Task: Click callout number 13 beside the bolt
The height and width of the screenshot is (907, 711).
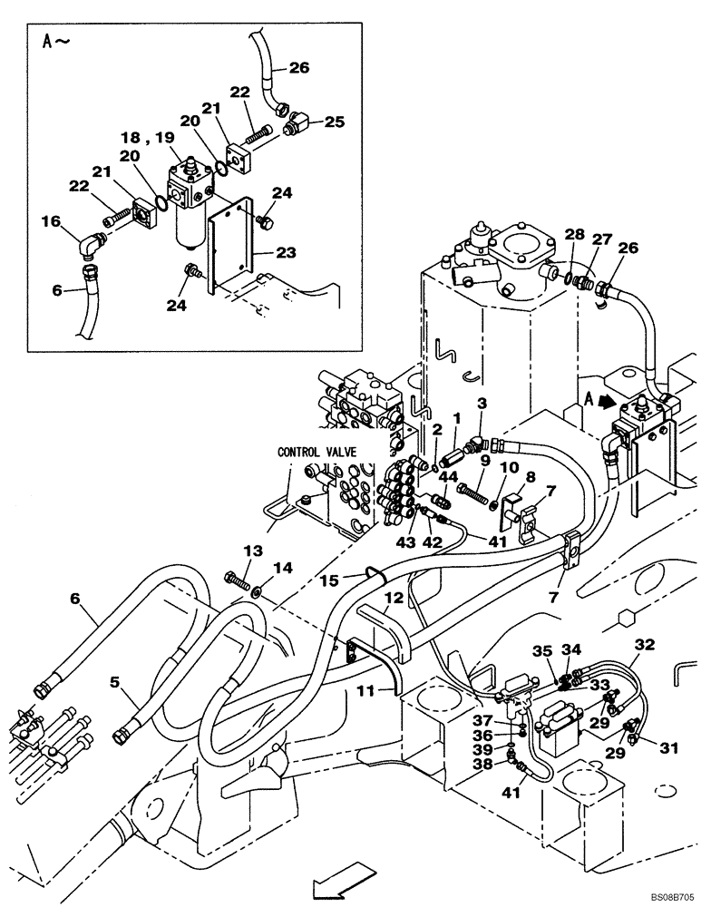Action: [251, 551]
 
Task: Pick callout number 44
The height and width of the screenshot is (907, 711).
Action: [422, 477]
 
